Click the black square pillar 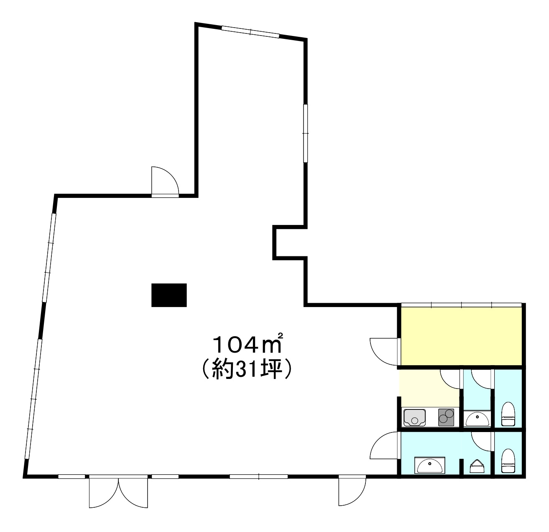169,295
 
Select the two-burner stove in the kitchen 446,417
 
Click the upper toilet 508,414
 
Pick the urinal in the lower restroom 477,466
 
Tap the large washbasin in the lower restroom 430,465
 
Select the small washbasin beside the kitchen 477,419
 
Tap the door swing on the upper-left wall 165,181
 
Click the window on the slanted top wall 250,32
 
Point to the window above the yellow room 461,304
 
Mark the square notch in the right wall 290,243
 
